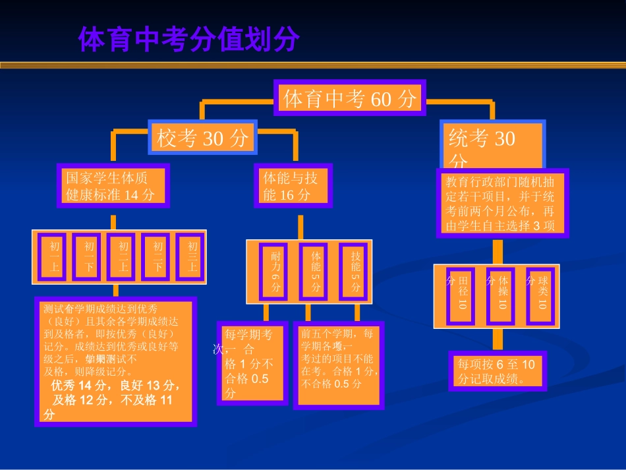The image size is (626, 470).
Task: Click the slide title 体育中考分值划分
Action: coord(188,40)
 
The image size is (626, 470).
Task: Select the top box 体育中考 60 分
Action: coord(350,99)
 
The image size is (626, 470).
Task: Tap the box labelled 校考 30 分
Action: coord(202,138)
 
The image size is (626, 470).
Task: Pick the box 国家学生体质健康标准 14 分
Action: coord(113,186)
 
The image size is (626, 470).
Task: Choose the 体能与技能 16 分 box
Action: coord(293,186)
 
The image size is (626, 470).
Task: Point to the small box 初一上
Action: coord(54,256)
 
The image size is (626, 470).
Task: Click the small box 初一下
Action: coord(88,256)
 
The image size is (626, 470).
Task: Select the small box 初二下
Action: coord(158,256)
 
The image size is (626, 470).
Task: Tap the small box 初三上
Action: coord(192,256)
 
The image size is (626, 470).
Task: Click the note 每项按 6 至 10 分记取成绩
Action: coord(498,371)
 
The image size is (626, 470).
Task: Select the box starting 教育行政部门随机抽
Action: coord(501,203)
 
